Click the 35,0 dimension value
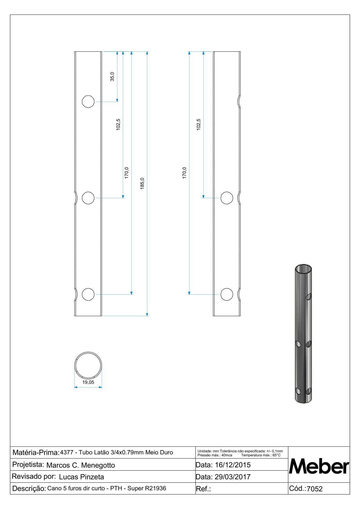(x=112, y=76)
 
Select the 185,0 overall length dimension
(x=142, y=183)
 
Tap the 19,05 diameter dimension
(x=88, y=382)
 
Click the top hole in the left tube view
(x=88, y=102)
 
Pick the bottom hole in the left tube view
(x=88, y=294)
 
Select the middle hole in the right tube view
(x=227, y=198)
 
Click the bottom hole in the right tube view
(x=227, y=294)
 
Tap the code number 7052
(x=315, y=489)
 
